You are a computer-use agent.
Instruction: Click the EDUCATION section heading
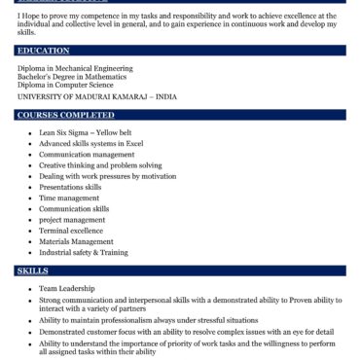[44, 50]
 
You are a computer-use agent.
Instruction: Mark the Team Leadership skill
[67, 289]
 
